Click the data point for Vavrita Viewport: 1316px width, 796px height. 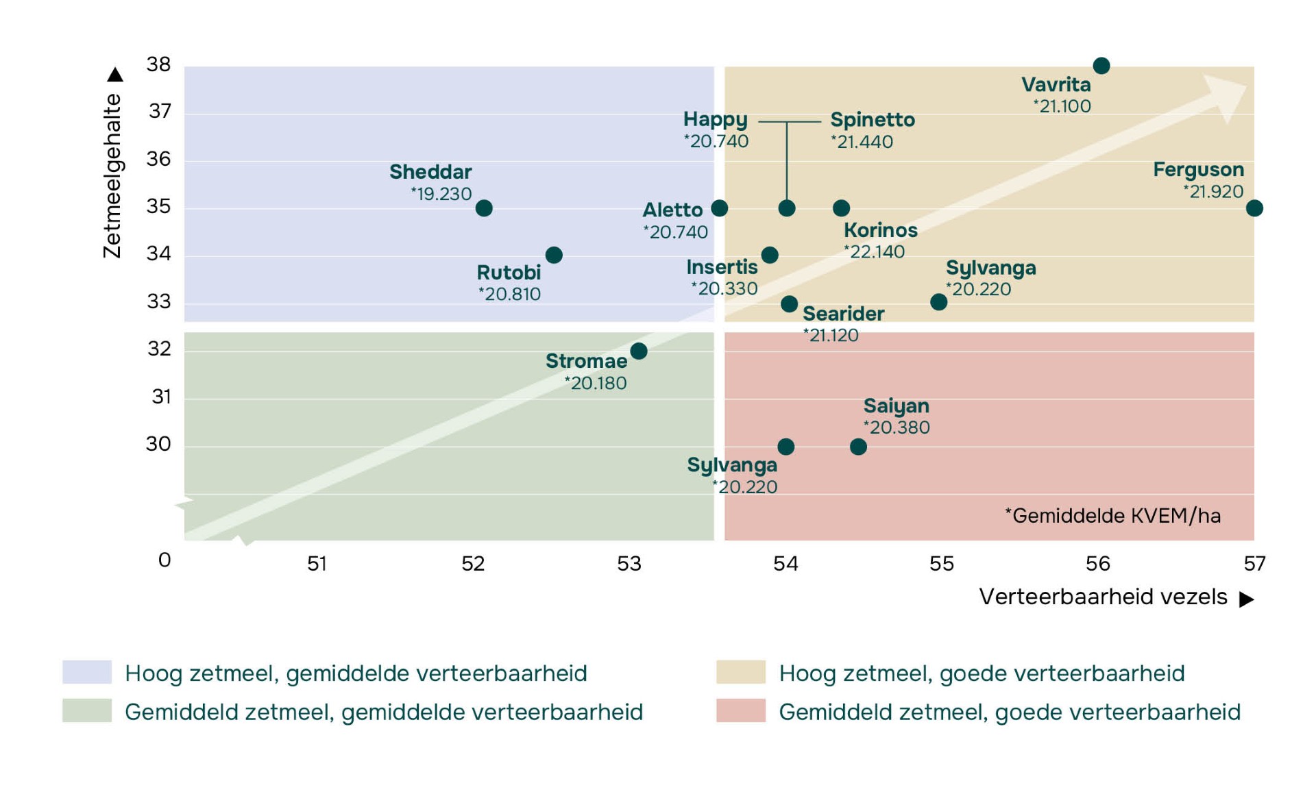coord(1101,66)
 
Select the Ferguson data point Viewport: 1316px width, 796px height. coord(1254,208)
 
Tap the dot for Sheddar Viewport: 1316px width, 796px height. coord(484,208)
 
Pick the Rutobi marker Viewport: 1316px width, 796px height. coord(554,256)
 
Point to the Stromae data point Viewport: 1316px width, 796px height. coord(639,351)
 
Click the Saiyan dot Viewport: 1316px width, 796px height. coord(858,447)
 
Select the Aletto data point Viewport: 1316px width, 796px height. coord(719,208)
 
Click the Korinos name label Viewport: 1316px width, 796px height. coord(880,230)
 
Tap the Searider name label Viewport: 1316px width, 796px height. coord(843,314)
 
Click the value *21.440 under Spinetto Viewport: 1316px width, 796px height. coord(862,142)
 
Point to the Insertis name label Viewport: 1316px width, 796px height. coord(722,267)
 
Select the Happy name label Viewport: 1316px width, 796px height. coord(715,120)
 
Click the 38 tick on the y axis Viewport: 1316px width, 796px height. coord(158,64)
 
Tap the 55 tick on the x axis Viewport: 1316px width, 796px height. coord(942,564)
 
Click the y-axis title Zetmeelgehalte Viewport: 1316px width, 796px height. coord(112,176)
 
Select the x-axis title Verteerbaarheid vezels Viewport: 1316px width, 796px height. coord(1103,597)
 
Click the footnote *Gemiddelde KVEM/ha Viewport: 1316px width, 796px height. coord(1112,516)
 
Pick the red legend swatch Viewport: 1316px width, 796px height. coord(740,711)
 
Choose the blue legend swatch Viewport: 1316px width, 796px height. coord(87,672)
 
